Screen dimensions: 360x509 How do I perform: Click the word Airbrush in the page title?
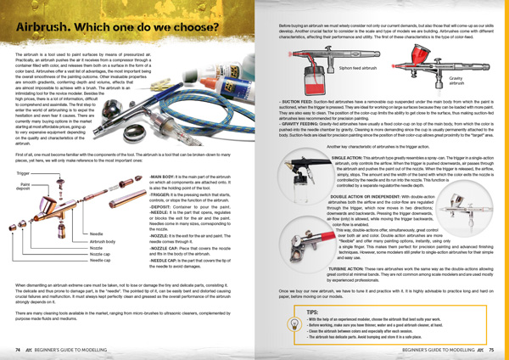pos(45,29)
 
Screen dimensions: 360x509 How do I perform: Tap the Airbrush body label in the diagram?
pos(103,217)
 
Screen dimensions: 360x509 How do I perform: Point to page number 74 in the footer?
pos(17,348)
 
